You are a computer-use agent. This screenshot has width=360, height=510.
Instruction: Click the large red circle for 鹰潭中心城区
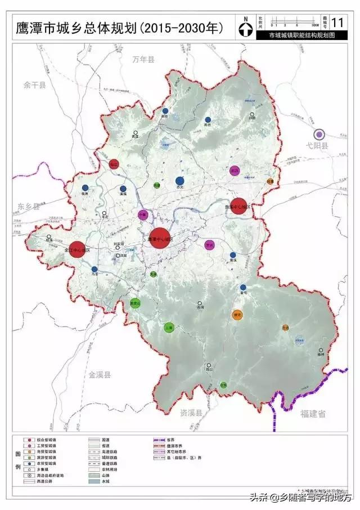click(x=160, y=238)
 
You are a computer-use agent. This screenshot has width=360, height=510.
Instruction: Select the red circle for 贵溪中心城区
click(x=238, y=206)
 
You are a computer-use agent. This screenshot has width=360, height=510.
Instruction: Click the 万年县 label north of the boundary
click(x=143, y=59)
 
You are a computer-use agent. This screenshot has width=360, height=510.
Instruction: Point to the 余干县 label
click(x=35, y=85)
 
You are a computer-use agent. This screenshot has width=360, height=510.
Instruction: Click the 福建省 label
click(x=313, y=414)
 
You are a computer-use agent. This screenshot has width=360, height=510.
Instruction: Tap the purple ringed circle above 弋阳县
click(x=319, y=134)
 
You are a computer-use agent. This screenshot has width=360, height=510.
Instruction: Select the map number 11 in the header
click(x=337, y=23)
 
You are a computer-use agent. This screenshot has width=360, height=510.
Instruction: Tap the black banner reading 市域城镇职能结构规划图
click(x=301, y=35)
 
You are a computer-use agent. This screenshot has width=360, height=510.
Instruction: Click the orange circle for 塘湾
click(x=237, y=315)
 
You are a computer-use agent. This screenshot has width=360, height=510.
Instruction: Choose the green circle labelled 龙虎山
click(x=135, y=302)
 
